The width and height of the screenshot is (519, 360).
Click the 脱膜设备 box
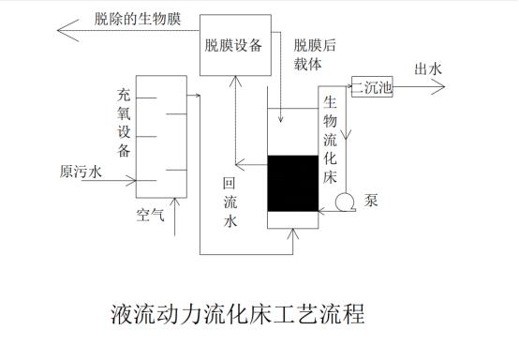coord(233,44)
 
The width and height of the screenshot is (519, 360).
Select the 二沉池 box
coord(373,89)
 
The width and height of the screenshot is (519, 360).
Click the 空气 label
coord(150,216)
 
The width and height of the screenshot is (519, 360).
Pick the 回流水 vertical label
coord(230,202)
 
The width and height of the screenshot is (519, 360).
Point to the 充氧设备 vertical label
coord(125,123)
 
